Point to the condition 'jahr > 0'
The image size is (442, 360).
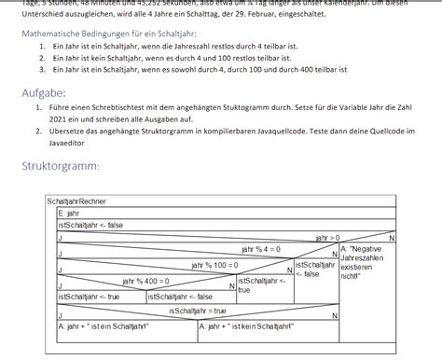click(328, 237)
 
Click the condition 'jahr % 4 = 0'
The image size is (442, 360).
click(260, 250)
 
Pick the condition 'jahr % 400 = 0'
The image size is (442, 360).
click(145, 280)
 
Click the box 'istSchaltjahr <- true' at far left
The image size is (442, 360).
click(88, 297)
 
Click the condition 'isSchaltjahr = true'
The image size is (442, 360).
click(197, 311)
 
